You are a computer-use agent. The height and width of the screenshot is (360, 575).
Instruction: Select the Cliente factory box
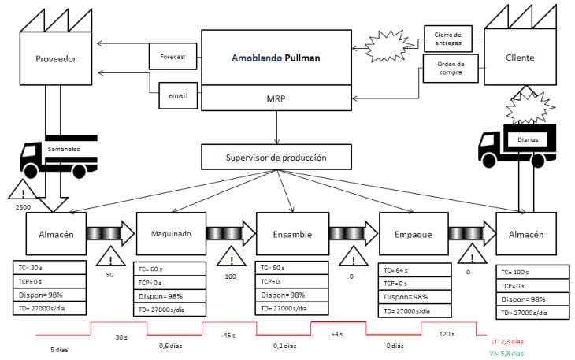click(520, 58)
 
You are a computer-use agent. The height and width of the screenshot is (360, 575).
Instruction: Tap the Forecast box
click(172, 57)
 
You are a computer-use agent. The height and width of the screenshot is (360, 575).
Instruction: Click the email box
click(177, 95)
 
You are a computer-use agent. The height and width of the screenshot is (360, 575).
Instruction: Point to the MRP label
click(276, 99)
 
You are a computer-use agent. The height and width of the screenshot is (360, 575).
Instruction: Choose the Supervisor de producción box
click(276, 157)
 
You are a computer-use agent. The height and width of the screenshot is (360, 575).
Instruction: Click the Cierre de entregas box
click(447, 38)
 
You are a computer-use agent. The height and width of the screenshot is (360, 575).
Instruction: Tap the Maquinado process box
click(171, 233)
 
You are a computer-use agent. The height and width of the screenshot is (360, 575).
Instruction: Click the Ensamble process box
click(291, 233)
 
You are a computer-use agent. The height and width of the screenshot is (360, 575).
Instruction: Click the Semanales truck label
click(64, 149)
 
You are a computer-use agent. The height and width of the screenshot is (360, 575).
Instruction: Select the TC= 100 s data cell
click(536, 273)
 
